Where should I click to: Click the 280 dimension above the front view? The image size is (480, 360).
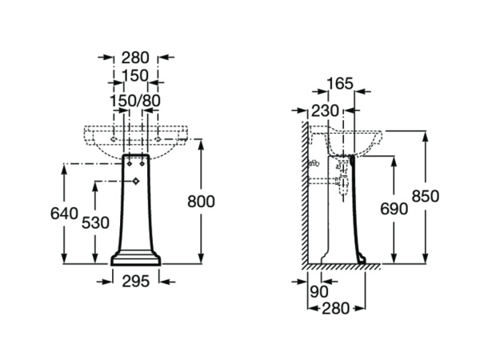[135, 57]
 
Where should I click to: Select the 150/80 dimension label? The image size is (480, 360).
[135, 100]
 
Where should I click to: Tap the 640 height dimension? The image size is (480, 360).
[63, 213]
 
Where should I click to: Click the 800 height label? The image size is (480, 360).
[201, 202]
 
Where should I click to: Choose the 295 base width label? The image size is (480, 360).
[135, 280]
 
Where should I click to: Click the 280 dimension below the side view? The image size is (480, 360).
[335, 307]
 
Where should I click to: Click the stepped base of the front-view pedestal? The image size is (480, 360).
[135, 258]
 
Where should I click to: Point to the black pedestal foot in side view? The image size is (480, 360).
[361, 258]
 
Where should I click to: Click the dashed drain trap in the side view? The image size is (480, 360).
[344, 181]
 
